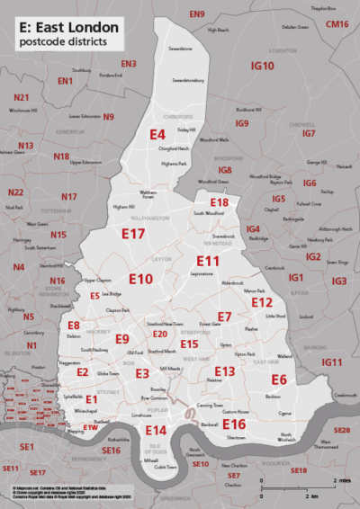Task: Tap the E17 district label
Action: tap(133, 234)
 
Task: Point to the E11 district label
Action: tap(208, 261)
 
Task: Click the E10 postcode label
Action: tap(140, 279)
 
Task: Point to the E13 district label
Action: tap(225, 371)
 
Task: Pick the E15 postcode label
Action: tap(189, 344)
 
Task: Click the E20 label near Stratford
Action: tap(159, 334)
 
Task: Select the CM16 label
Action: tap(337, 23)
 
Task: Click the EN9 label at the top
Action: tap(197, 13)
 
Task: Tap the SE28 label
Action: tap(341, 431)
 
